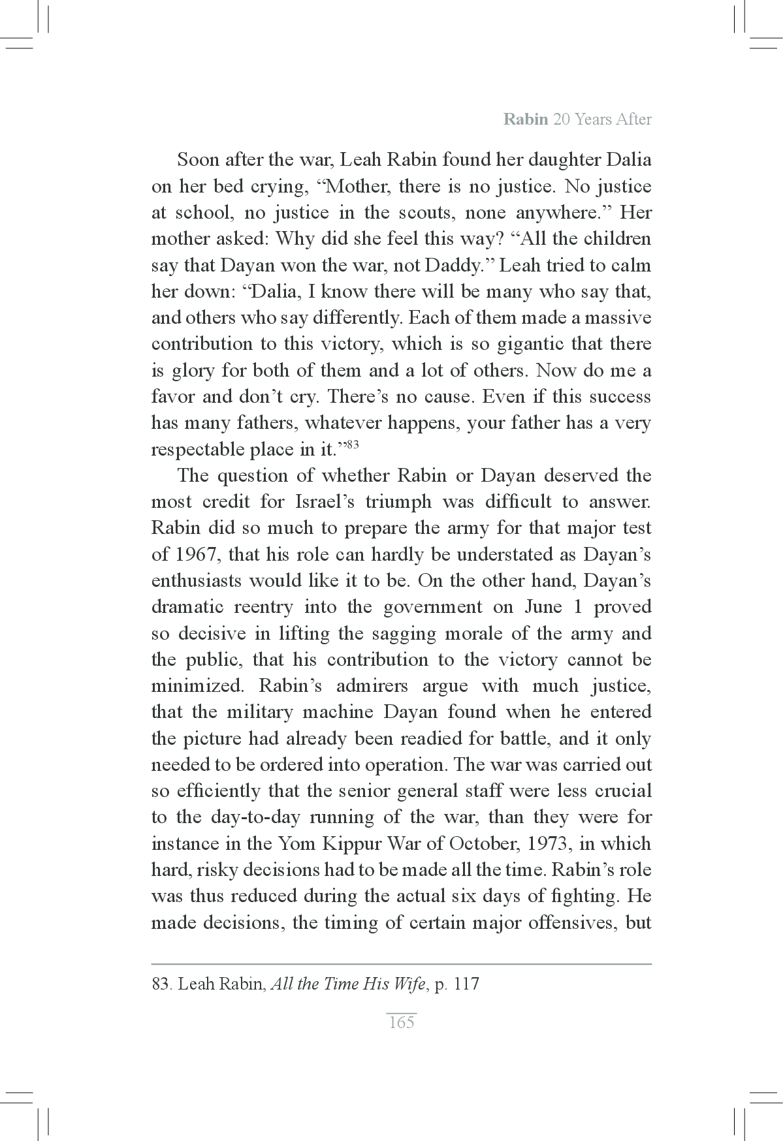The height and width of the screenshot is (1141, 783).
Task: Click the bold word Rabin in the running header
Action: coord(525,119)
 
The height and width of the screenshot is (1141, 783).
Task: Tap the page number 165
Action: coord(401,1022)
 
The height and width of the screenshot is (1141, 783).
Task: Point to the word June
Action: coord(543,607)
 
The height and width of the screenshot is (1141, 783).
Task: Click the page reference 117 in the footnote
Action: coord(466,984)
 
